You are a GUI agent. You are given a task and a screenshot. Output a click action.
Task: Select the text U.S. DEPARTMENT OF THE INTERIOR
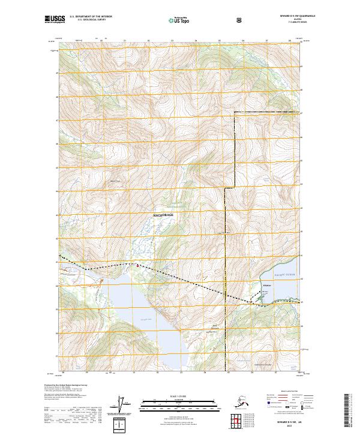91,16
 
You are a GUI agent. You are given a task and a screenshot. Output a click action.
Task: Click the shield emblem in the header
239,19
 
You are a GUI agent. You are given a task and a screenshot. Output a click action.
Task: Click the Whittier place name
267,284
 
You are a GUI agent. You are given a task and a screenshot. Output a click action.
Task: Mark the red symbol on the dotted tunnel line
137,265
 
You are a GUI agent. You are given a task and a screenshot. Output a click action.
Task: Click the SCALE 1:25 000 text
179,397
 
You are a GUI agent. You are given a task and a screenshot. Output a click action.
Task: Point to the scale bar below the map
179,403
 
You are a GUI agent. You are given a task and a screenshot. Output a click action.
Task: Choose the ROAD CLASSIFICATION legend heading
284,391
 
